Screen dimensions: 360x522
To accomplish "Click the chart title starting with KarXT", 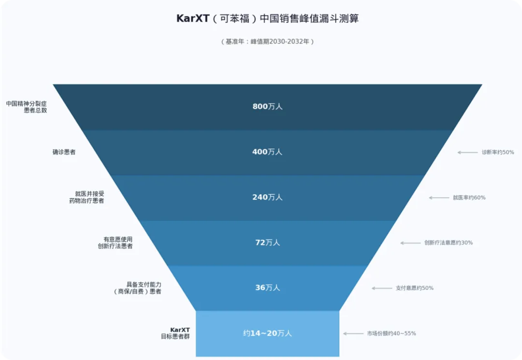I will pos(267,19).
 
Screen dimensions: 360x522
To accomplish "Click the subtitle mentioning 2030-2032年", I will pos(267,42).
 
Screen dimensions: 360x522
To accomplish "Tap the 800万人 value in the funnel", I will pos(267,106).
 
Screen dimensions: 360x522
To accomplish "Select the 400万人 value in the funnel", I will pos(267,152).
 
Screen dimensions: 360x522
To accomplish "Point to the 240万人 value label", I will pos(267,197).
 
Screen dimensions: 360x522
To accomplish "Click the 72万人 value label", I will pos(267,243).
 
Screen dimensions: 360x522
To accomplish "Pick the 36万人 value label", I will pos(267,288).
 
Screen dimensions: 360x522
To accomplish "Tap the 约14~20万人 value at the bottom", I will pos(267,333).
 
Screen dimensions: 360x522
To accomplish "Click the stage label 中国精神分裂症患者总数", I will pos(27,107).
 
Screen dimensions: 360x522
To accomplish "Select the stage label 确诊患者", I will pos(64,152).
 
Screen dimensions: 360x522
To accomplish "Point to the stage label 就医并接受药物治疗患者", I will pos(87,197).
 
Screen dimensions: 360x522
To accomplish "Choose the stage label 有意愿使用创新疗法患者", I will pos(115,243).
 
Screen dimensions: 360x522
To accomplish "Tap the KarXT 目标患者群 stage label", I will pos(175,333).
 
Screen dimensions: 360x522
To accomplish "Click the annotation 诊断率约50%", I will pos(497,152).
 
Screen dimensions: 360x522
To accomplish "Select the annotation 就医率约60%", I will pos(469,198).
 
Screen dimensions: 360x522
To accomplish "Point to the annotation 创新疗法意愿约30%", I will pos(448,243).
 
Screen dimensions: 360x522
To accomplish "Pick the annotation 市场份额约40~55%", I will pos(391,333).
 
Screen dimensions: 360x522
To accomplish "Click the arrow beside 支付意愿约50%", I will pos(382,288).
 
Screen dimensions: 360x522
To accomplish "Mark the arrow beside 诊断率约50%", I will pos(467,152).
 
